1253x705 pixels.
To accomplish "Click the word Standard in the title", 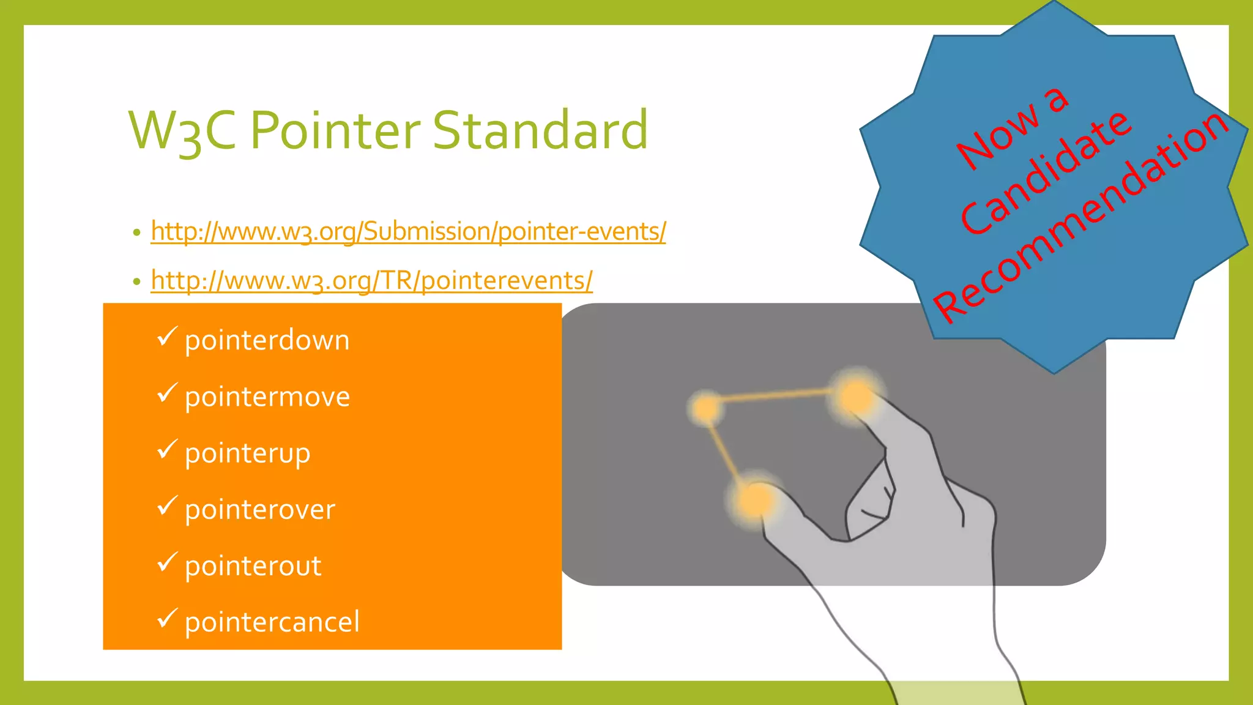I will [540, 130].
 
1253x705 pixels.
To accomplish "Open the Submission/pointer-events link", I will [408, 231].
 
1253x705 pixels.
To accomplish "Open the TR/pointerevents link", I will [371, 280].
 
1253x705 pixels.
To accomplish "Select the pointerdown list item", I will [267, 340].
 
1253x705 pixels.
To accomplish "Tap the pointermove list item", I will [267, 397].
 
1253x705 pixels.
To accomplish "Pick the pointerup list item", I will [247, 453].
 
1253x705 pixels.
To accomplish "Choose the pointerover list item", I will [260, 510].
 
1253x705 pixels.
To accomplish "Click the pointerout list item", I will [253, 566].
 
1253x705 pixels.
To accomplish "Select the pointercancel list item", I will [272, 622].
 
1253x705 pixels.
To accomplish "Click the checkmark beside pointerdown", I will [166, 336].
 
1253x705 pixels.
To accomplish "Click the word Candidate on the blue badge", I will [1047, 173].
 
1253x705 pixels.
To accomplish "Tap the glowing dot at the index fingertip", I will [855, 396].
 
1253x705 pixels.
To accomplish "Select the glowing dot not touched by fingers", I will [707, 408].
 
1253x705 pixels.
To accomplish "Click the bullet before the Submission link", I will [136, 233].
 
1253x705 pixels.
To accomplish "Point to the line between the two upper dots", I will [777, 397].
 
